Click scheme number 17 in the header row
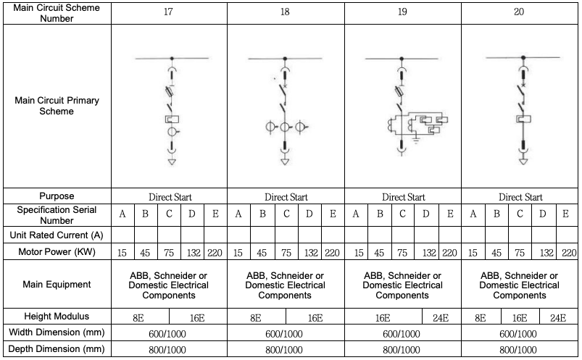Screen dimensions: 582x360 click(x=168, y=12)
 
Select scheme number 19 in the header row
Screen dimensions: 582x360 click(x=402, y=12)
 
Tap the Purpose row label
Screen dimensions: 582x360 click(x=57, y=196)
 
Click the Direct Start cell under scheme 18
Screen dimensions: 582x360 click(x=286, y=197)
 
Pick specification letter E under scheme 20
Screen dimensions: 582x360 click(x=565, y=214)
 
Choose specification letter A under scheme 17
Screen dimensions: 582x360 click(x=122, y=214)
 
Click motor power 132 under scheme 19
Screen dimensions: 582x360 click(x=429, y=253)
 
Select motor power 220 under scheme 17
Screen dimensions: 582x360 click(x=215, y=253)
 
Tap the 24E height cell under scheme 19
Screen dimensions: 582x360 click(x=441, y=318)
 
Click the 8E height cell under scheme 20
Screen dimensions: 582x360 click(x=481, y=318)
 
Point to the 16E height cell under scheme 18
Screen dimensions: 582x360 click(x=315, y=318)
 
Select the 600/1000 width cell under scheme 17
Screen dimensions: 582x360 click(x=167, y=334)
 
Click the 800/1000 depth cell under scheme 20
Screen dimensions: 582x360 click(x=518, y=350)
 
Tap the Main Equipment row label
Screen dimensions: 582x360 click(x=57, y=284)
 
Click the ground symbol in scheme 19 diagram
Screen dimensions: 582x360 click(x=416, y=141)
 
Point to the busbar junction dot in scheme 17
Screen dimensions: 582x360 click(x=172, y=59)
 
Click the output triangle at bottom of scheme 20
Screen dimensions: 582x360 click(x=523, y=162)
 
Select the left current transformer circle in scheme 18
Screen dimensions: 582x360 click(x=270, y=127)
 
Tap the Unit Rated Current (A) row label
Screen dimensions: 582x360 click(x=57, y=235)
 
